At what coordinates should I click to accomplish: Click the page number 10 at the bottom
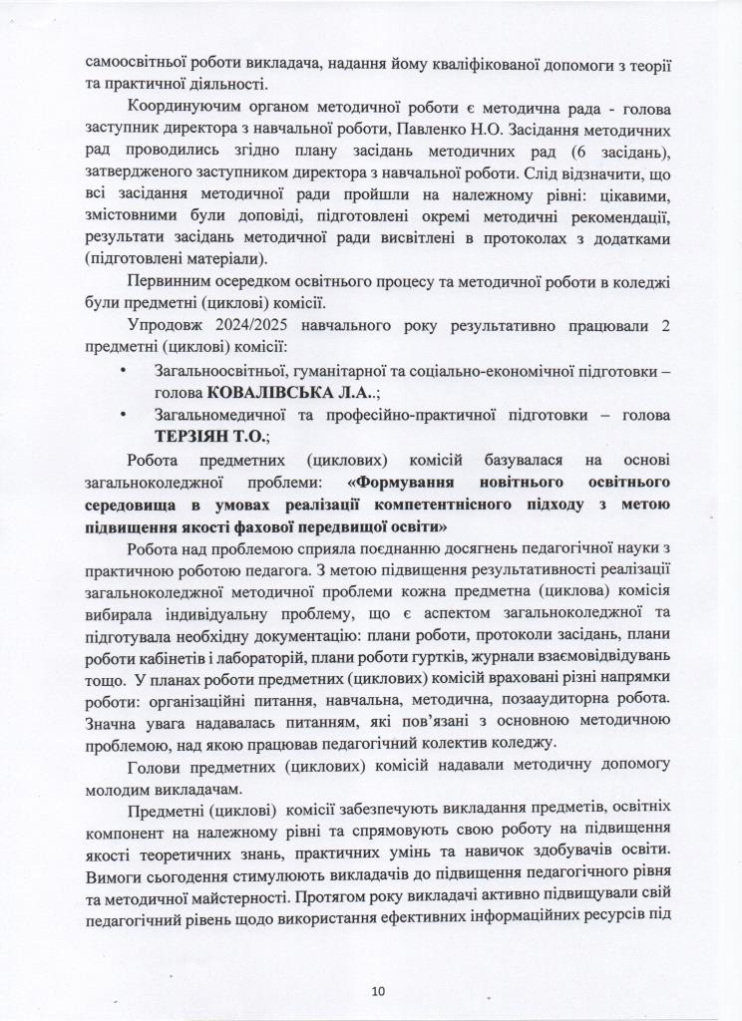[377, 991]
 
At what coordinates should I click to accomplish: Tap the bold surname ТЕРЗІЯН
[198, 436]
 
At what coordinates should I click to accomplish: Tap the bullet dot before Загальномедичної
[123, 414]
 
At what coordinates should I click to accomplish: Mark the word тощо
[103, 676]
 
